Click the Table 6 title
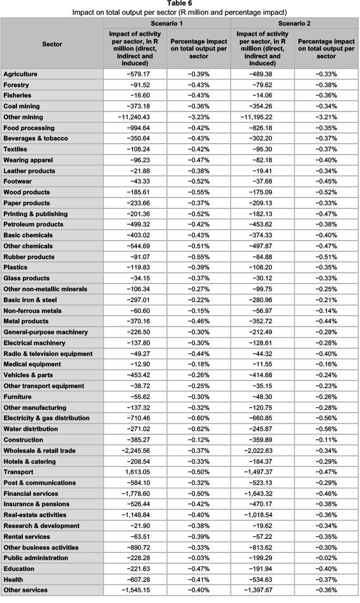coord(179,4)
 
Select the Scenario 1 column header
coord(167,24)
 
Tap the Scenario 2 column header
coord(295,24)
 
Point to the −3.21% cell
coord(326,117)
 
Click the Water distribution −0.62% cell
coord(199,429)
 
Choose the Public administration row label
coord(35,558)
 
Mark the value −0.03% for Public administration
coord(199,558)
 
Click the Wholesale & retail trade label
coord(39,451)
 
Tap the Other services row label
coord(25,590)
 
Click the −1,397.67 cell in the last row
coord(267,590)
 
